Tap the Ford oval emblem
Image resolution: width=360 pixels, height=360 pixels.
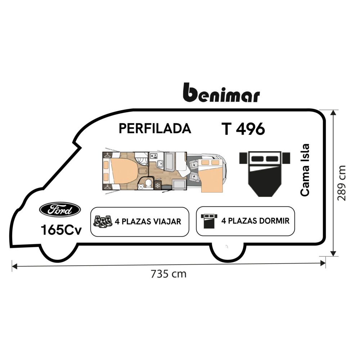tap(60, 209)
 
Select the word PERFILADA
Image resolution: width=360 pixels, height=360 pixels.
tap(155, 129)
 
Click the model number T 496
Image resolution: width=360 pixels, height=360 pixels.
tap(243, 129)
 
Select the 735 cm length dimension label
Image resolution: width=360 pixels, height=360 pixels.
tap(168, 274)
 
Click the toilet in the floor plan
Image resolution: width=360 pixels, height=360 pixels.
tap(148, 185)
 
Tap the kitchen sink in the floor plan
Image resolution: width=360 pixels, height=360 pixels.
tap(160, 165)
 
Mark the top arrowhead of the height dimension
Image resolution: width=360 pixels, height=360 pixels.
tap(334, 112)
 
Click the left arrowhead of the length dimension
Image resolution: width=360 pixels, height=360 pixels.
tap(14, 266)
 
